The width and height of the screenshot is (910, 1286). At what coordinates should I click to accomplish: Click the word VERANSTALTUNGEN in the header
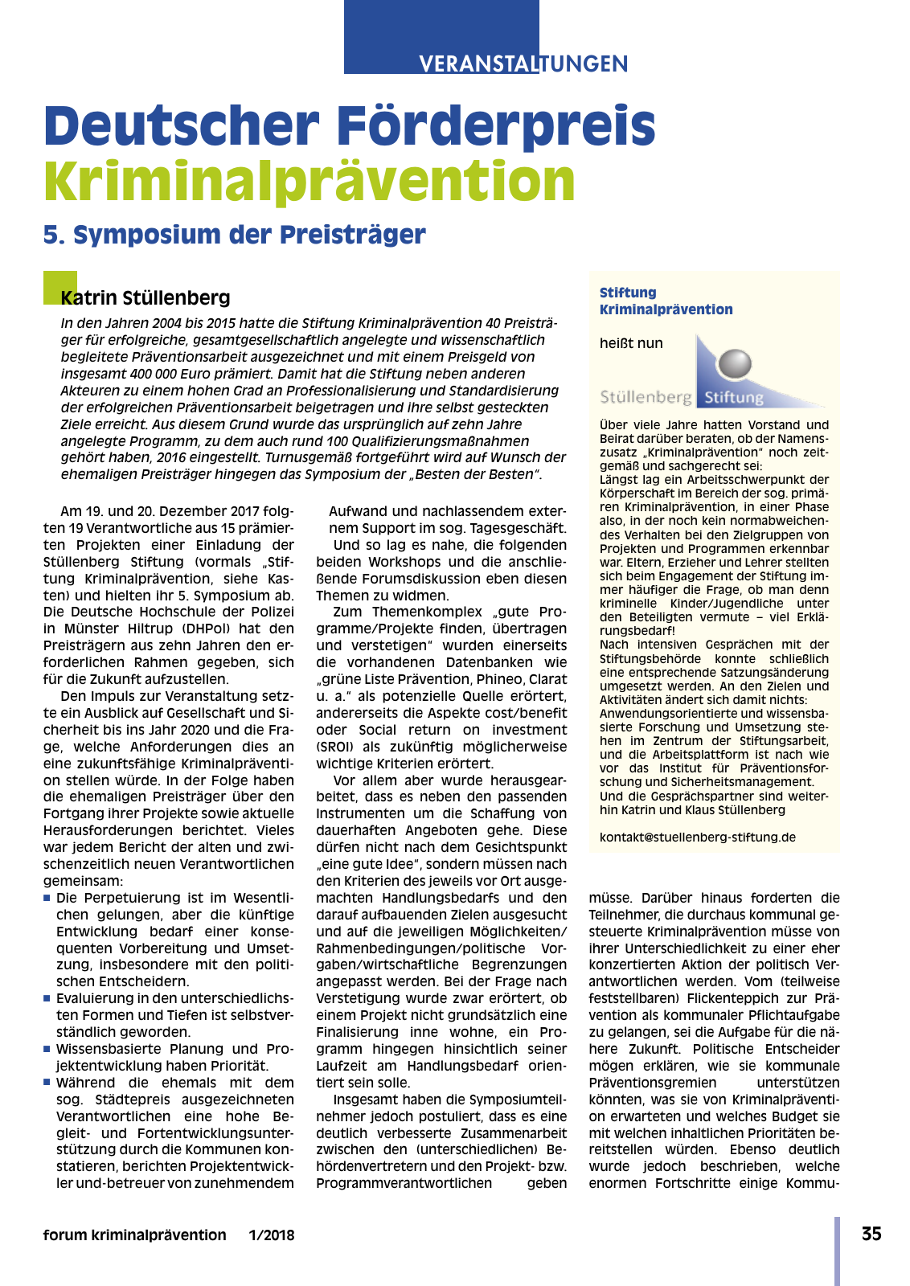click(523, 63)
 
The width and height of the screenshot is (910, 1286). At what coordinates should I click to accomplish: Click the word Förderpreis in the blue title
click(496, 126)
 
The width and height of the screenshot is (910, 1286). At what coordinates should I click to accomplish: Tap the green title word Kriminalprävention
click(309, 181)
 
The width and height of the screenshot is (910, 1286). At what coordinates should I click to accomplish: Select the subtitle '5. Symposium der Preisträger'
click(234, 235)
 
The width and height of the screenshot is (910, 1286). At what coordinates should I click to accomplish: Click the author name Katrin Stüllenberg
click(146, 298)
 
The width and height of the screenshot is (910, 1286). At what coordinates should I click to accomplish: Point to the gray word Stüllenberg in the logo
click(646, 397)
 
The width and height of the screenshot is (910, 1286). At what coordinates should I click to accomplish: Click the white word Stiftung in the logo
click(733, 397)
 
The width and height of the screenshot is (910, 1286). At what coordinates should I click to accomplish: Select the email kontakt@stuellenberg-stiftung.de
click(697, 837)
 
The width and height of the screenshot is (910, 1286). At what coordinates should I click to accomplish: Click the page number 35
click(871, 1234)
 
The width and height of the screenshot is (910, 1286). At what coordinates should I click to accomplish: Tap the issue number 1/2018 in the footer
click(272, 1235)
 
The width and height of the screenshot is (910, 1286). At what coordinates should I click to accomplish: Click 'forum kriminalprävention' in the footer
click(134, 1235)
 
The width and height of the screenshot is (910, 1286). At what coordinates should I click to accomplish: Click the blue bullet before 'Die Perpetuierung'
click(47, 897)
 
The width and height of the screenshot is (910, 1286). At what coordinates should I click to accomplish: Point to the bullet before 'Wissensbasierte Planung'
click(47, 1048)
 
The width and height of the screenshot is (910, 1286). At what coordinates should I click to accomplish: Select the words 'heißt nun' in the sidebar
click(631, 343)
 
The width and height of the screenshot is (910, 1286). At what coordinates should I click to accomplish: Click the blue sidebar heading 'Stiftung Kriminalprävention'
click(666, 301)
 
